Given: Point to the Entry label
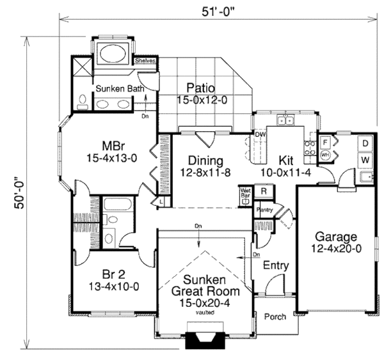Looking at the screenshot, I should (275, 265).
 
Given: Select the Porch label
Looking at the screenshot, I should (275, 317).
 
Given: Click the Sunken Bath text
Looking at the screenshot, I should (117, 88).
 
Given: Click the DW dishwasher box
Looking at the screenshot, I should (260, 135).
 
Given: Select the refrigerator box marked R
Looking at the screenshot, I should (263, 190).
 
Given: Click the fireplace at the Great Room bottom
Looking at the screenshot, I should (204, 341).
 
